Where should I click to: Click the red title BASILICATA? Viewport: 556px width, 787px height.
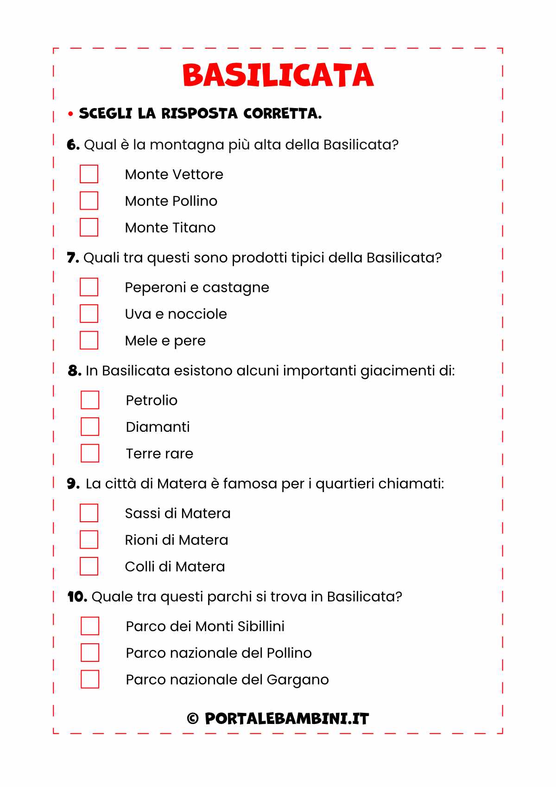[x=278, y=75]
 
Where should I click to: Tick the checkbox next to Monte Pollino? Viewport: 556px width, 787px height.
[x=89, y=201]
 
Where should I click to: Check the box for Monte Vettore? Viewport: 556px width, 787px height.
[x=89, y=174]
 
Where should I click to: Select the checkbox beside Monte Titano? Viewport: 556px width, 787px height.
[x=89, y=227]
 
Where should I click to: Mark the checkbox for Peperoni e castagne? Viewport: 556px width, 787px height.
[x=89, y=287]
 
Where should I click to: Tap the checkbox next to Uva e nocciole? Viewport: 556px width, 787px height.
[x=89, y=314]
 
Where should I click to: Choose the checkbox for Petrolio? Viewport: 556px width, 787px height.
[x=90, y=400]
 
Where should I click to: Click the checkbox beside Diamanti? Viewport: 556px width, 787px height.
[x=90, y=427]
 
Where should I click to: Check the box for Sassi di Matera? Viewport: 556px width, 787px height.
[x=89, y=513]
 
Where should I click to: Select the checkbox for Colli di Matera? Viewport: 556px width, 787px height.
[x=89, y=566]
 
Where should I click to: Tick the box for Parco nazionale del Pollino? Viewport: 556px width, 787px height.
[x=90, y=653]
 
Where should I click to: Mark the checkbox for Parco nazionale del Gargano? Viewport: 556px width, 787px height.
[x=90, y=679]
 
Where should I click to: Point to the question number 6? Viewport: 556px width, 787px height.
[x=73, y=145]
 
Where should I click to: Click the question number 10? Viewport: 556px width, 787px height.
[x=77, y=596]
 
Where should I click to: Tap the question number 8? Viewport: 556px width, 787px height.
[x=74, y=371]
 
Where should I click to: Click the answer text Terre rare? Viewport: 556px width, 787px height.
[x=159, y=454]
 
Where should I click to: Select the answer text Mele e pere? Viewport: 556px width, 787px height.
[x=165, y=341]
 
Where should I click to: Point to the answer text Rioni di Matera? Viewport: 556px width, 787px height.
[x=177, y=540]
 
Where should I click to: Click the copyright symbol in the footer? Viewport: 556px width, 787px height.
[x=193, y=719]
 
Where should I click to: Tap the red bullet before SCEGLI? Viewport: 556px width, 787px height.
[x=70, y=114]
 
